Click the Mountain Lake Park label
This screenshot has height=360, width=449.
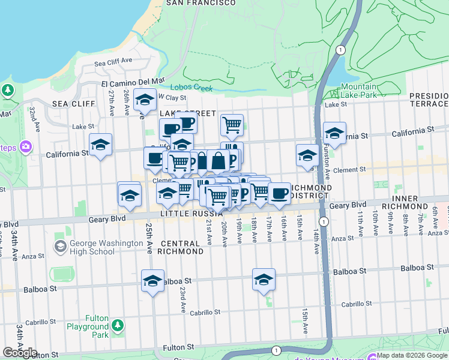point(358,91)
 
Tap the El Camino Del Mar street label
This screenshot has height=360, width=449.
point(133,82)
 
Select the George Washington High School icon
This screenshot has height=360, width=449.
point(59,247)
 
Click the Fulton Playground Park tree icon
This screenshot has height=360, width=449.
point(118,325)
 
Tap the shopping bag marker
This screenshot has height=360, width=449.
point(218,160)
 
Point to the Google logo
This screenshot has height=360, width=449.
point(20,353)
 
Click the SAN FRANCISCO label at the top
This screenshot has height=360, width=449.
point(200,3)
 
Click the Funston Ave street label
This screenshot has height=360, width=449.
point(327,165)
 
